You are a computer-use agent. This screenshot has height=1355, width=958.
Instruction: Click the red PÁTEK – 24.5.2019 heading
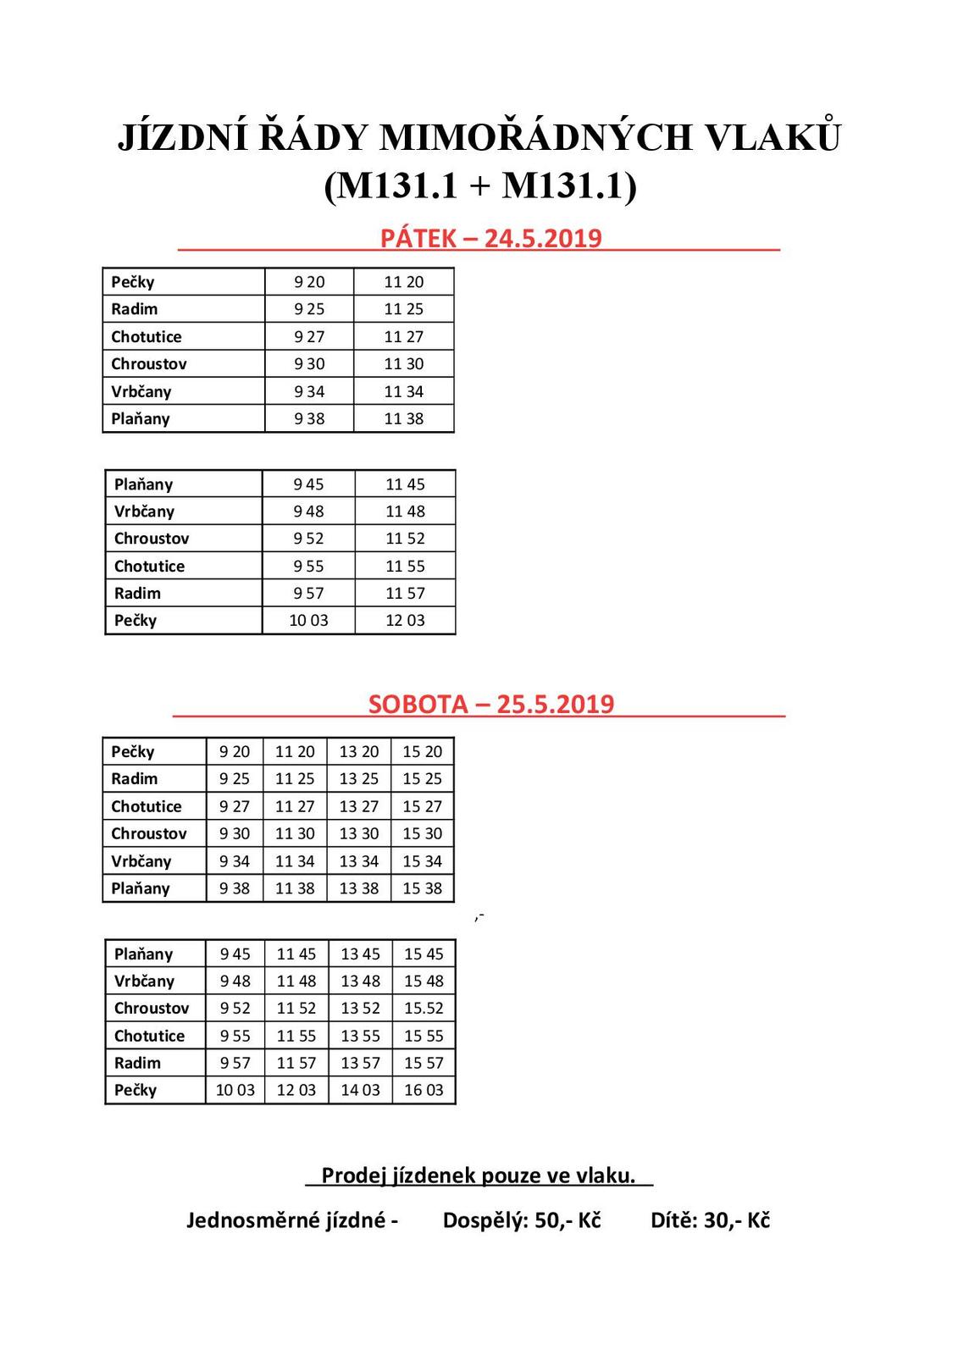(490, 239)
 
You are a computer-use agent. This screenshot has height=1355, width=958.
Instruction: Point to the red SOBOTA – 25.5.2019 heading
(490, 705)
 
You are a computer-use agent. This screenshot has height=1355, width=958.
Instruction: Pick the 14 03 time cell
(360, 1090)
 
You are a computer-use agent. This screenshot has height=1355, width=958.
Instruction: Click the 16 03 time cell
(424, 1090)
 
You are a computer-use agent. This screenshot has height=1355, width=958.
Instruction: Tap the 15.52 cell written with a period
(424, 1008)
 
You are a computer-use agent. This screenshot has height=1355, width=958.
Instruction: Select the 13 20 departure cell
(359, 751)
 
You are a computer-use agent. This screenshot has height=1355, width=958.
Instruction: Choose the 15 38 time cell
(423, 888)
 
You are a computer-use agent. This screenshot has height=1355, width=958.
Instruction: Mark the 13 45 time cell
(360, 954)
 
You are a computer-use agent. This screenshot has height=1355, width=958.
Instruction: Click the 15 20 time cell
(423, 751)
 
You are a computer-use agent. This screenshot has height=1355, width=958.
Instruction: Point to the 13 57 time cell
(360, 1063)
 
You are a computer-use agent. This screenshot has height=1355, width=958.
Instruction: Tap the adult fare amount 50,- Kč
(568, 1220)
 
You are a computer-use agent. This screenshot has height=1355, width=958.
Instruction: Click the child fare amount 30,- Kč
(736, 1220)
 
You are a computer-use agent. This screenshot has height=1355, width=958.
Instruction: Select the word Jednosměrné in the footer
(285, 1220)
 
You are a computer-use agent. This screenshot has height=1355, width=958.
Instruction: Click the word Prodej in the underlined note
(353, 1175)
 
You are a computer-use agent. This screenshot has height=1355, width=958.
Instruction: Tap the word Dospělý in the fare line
(484, 1220)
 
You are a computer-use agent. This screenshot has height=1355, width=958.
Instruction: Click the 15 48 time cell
(424, 981)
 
